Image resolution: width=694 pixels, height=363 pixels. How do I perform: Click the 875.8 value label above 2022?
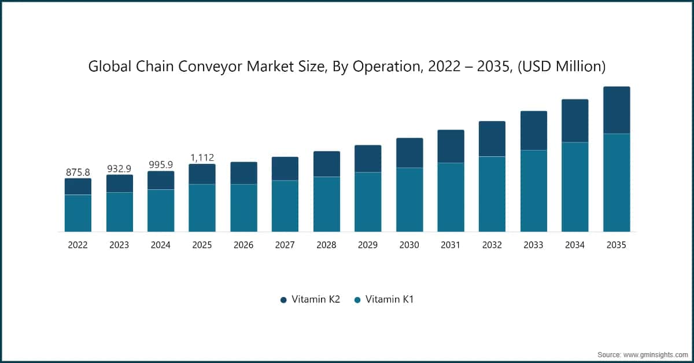pos(77,172)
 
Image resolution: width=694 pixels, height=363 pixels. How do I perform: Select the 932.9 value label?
pos(119,168)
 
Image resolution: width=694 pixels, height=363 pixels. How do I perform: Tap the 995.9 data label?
pos(161,164)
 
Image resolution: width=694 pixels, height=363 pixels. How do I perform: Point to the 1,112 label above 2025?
pos(202,157)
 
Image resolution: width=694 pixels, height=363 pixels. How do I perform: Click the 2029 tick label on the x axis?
pos(368,245)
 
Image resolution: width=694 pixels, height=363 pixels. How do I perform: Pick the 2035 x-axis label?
pos(617,245)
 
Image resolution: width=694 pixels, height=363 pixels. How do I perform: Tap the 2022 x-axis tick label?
pos(77,245)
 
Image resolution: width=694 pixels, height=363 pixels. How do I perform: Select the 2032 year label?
pos(492,245)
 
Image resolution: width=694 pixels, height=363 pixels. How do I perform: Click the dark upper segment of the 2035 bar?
pos(617,110)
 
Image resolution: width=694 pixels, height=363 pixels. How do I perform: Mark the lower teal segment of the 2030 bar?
pos(409,200)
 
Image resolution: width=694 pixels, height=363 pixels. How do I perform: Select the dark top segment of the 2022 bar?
pos(77,186)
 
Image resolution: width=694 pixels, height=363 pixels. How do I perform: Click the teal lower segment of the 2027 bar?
pos(285,206)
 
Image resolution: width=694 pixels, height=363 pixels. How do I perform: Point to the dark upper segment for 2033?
pos(534,130)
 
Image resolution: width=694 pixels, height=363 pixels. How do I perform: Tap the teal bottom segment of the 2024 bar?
pos(161,211)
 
